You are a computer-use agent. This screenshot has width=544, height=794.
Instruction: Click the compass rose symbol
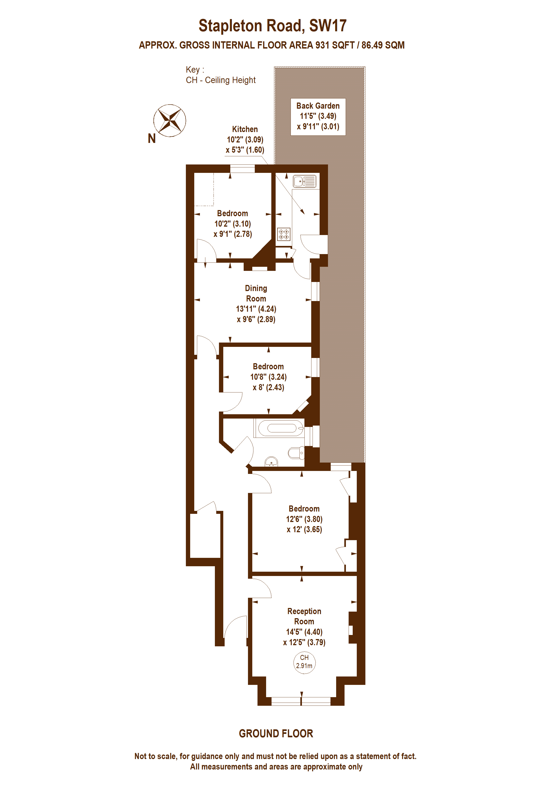[170, 120]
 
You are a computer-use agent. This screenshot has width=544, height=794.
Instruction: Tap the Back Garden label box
[318, 117]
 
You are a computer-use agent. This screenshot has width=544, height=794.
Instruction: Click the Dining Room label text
[256, 293]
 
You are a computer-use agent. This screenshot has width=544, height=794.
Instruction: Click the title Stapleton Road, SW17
[272, 26]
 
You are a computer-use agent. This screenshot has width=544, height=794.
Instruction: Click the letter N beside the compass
[152, 139]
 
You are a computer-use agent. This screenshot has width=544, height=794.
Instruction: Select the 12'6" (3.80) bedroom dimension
[304, 519]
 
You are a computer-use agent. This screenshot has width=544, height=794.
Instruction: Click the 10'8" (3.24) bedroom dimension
[268, 377]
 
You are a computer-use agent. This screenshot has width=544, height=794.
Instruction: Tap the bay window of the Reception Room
[301, 701]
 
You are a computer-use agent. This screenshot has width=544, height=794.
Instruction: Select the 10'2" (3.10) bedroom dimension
[232, 224]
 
